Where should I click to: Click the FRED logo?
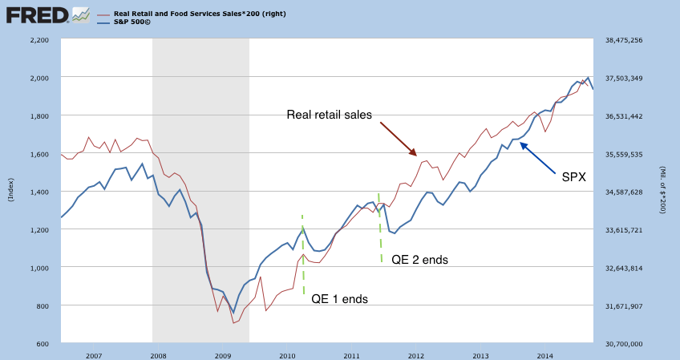[x=36, y=14]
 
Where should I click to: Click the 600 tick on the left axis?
[x=42, y=344]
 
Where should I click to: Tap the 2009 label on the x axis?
[x=223, y=354]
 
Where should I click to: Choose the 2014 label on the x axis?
[x=545, y=354]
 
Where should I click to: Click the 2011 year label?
[x=352, y=354]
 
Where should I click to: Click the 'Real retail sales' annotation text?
[x=330, y=115]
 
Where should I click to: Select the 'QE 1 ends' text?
[x=339, y=299]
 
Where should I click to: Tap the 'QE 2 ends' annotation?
[x=419, y=260]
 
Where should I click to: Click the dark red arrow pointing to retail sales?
[x=399, y=139]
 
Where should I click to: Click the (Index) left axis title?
[x=10, y=192]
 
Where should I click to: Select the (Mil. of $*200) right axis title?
[x=664, y=192]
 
